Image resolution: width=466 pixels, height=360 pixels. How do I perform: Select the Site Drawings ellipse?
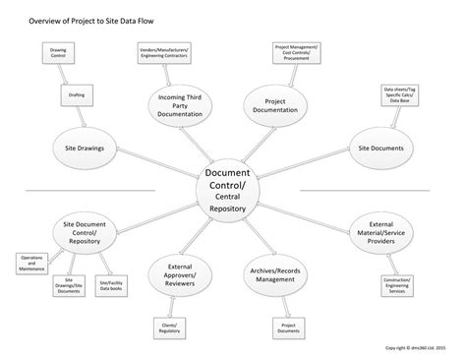click(84, 149)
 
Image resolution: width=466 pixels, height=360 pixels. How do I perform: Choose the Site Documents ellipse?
click(379, 149)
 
